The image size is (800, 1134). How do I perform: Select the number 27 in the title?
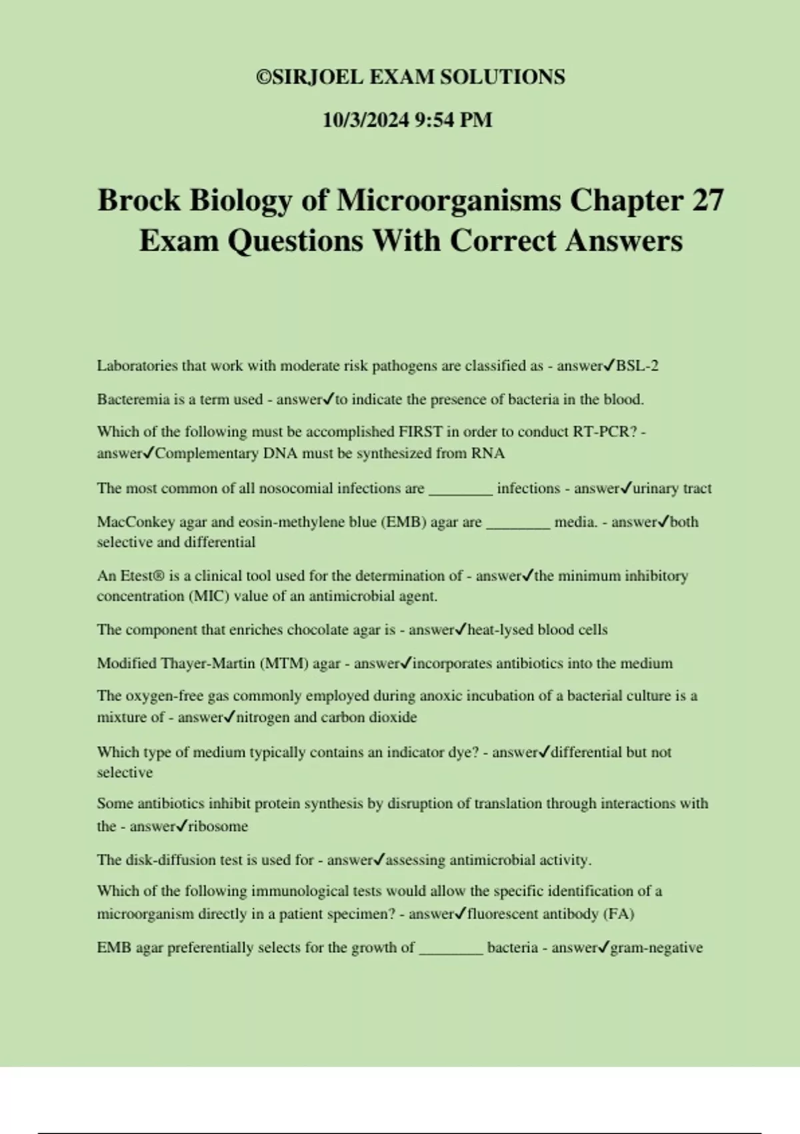(x=707, y=200)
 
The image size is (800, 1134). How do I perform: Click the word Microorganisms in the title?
(x=449, y=200)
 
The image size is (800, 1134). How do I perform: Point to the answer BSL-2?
(x=637, y=366)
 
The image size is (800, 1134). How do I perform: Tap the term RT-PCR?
(x=600, y=432)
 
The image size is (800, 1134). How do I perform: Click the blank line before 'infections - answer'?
(x=461, y=490)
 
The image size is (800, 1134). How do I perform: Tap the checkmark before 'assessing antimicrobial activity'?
(x=379, y=859)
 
